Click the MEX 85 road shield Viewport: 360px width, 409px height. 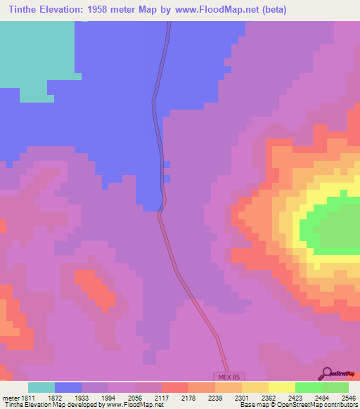point(228,377)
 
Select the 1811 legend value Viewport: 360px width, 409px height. point(26,398)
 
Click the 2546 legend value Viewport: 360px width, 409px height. point(348,398)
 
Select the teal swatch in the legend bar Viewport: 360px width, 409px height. point(41,387)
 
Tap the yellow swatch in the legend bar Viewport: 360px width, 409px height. point(281,387)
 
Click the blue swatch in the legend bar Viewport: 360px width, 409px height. point(68,387)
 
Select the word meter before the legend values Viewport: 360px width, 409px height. point(9,398)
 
